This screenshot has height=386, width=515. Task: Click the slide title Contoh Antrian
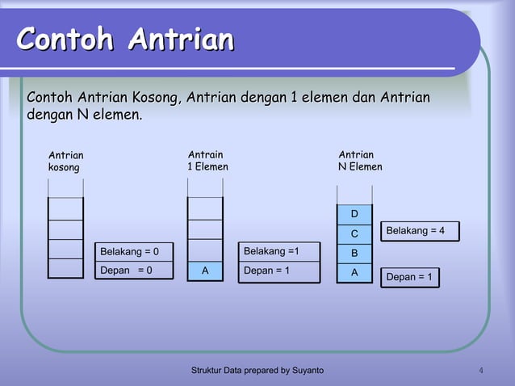coord(125,39)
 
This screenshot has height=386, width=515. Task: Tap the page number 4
coord(481,371)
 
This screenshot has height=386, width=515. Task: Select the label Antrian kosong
coord(65,161)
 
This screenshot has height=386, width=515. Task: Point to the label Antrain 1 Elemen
coord(207,160)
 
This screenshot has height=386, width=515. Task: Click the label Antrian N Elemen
coord(360,160)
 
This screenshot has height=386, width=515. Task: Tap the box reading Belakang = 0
coord(134,251)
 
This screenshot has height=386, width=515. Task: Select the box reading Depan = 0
coord(134,270)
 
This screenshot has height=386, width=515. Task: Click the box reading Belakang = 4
coord(416,231)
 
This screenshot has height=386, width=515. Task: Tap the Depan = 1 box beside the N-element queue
coord(409,277)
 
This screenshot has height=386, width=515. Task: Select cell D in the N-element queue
coord(354,214)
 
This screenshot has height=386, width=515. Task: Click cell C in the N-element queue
coord(354,234)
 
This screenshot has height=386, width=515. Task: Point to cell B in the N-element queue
coord(354,254)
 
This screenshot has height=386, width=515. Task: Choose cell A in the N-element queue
coord(354,273)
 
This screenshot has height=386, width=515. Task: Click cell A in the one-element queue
coord(205,271)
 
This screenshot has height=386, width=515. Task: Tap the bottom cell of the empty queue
coord(65,268)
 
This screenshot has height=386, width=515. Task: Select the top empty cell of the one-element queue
coord(205,208)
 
